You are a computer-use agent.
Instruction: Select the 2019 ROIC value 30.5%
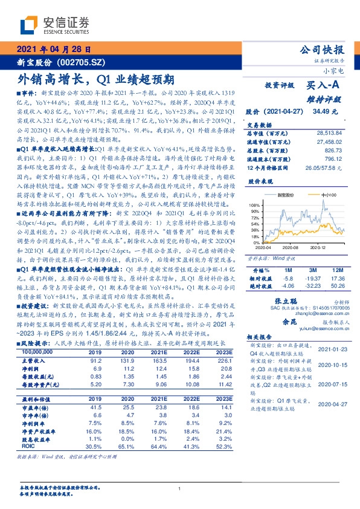(x=95, y=446)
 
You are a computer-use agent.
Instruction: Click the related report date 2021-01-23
(x=334, y=349)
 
